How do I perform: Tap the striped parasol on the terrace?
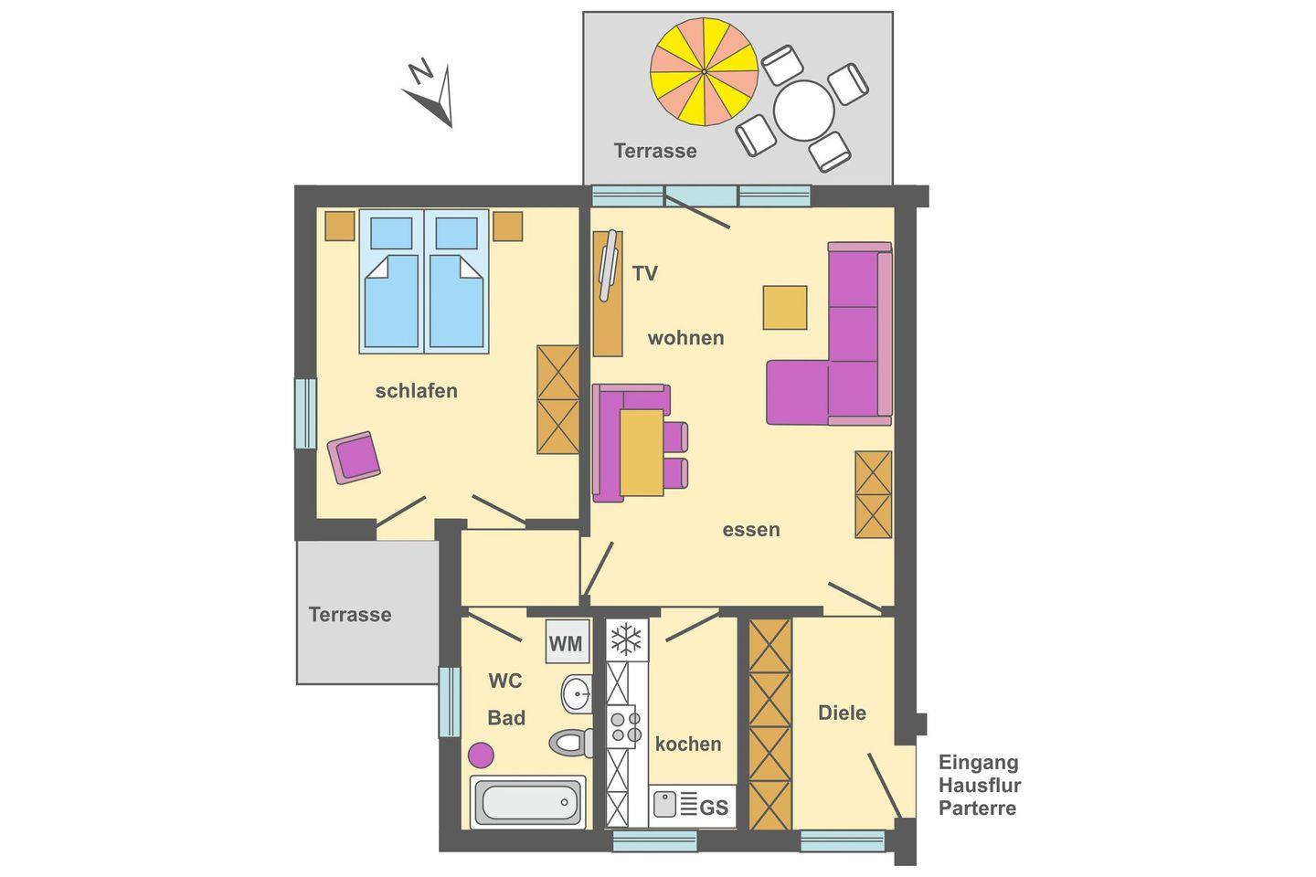704,71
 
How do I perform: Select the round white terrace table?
803,111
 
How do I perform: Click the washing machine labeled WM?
567,641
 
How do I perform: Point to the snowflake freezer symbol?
627,639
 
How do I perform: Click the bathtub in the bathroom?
527,802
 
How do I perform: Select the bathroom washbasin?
577,693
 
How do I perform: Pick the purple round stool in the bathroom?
481,755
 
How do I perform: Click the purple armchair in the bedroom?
354,458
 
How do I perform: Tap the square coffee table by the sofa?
785,307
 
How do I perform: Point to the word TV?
644,273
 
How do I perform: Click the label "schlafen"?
417,391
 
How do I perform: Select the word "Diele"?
842,713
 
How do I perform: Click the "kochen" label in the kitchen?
688,745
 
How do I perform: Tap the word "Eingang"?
978,763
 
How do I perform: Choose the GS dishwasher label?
714,808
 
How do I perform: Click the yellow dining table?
642,452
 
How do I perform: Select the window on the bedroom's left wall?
305,414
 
